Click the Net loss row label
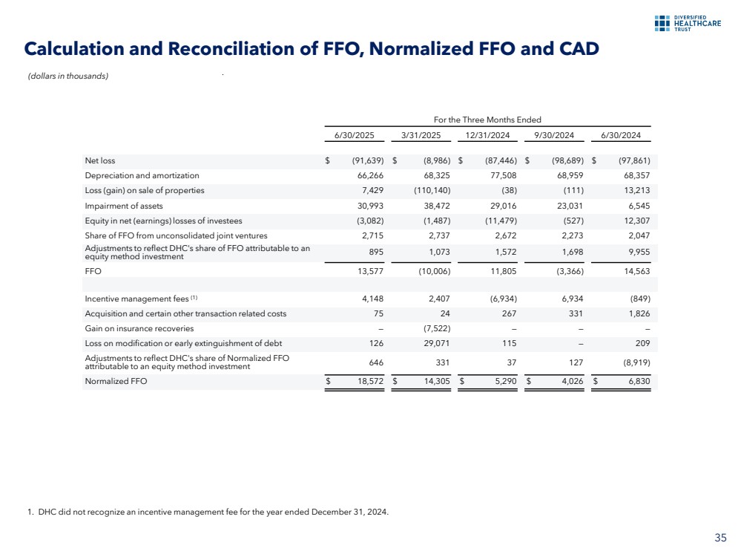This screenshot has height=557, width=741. (100, 160)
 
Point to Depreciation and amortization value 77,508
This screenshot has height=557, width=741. (500, 175)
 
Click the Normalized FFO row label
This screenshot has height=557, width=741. (116, 381)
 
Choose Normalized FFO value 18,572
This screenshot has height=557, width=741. (369, 381)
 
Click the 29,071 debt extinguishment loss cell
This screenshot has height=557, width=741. (435, 343)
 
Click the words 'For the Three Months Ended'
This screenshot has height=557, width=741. (487, 120)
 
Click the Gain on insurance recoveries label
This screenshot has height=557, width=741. (139, 328)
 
